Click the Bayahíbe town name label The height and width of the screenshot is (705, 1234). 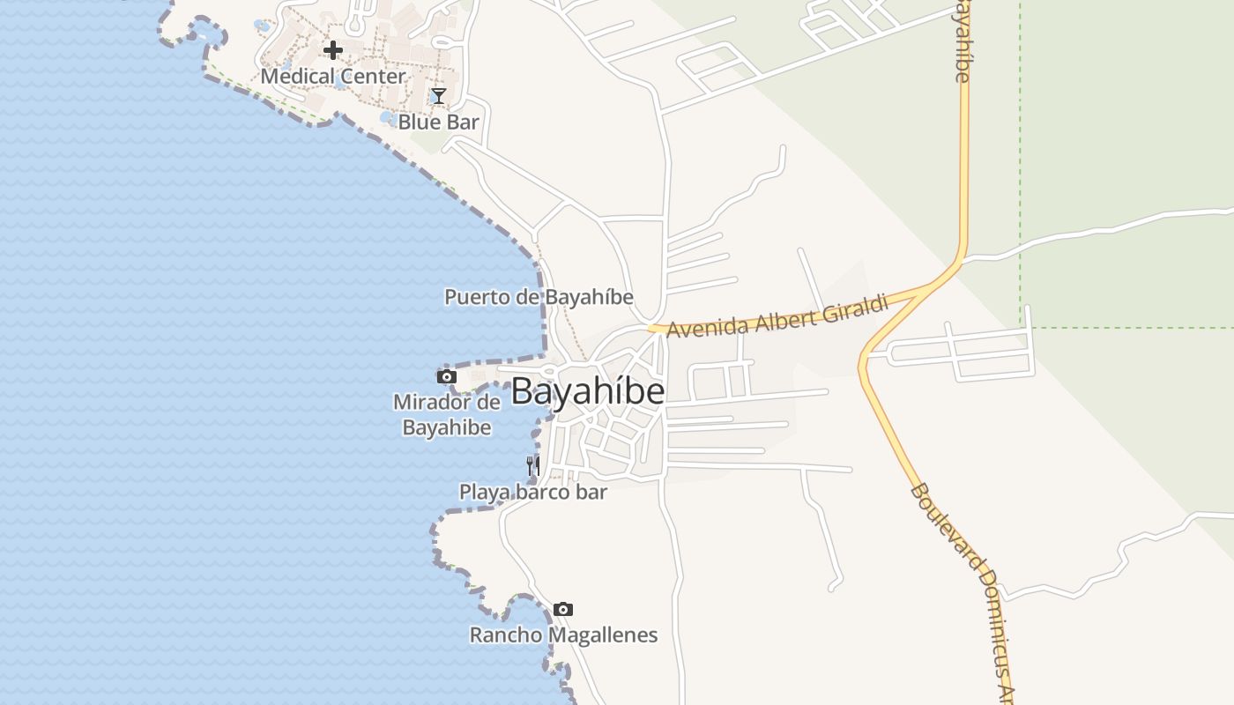587,391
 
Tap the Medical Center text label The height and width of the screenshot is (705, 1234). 333,77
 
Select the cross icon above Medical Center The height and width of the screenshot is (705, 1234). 332,50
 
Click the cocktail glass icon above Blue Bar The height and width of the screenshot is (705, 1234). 438,95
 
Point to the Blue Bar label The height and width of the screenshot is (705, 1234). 438,122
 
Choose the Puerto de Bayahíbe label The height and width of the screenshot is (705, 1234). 539,297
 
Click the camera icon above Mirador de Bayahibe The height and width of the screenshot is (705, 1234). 447,376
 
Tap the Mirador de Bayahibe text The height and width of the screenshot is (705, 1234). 447,415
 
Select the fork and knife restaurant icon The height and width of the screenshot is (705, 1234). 533,465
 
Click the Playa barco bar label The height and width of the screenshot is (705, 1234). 533,492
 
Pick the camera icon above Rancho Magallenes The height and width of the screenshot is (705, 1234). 563,609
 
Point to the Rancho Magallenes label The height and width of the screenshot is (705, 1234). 563,634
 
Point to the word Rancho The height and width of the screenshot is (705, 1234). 505,634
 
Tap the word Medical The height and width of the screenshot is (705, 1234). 297,77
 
